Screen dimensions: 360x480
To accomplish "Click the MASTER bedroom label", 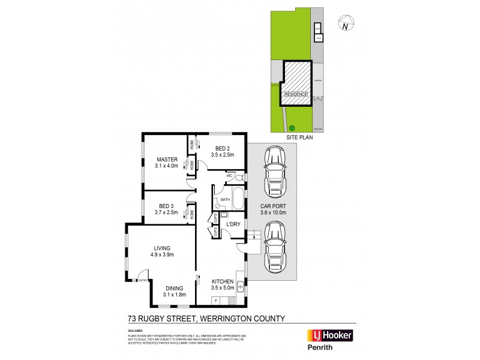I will [167, 159].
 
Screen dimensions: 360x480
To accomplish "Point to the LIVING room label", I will [162, 248].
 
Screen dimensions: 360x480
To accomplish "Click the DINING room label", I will [175, 288].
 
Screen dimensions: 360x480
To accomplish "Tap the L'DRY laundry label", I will [233, 224].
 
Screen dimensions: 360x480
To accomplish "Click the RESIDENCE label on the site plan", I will [295, 94].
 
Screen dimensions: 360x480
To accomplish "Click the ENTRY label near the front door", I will [143, 280].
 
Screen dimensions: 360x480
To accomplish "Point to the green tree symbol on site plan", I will [292, 127].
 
